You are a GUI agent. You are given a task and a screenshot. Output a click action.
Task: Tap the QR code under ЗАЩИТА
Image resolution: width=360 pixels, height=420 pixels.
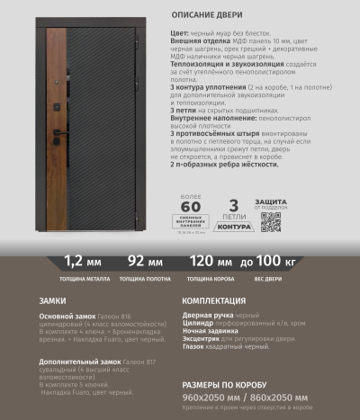click(x=270, y=221)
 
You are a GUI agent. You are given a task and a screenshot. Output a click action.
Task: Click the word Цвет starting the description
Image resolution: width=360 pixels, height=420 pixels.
click(x=178, y=31)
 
